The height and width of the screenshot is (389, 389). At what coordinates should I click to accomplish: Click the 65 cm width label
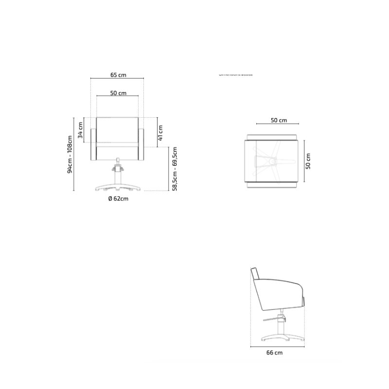(118, 75)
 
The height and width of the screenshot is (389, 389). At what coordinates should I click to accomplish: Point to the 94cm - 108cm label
(70, 154)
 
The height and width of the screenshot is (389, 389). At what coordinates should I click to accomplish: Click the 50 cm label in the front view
(118, 93)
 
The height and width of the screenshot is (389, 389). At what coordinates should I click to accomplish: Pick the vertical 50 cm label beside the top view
(308, 161)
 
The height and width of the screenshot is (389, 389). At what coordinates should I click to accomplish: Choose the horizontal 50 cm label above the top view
(279, 120)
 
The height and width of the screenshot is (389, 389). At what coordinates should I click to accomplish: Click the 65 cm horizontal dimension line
(117, 79)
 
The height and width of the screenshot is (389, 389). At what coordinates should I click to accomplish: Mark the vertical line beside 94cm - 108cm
(74, 154)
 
